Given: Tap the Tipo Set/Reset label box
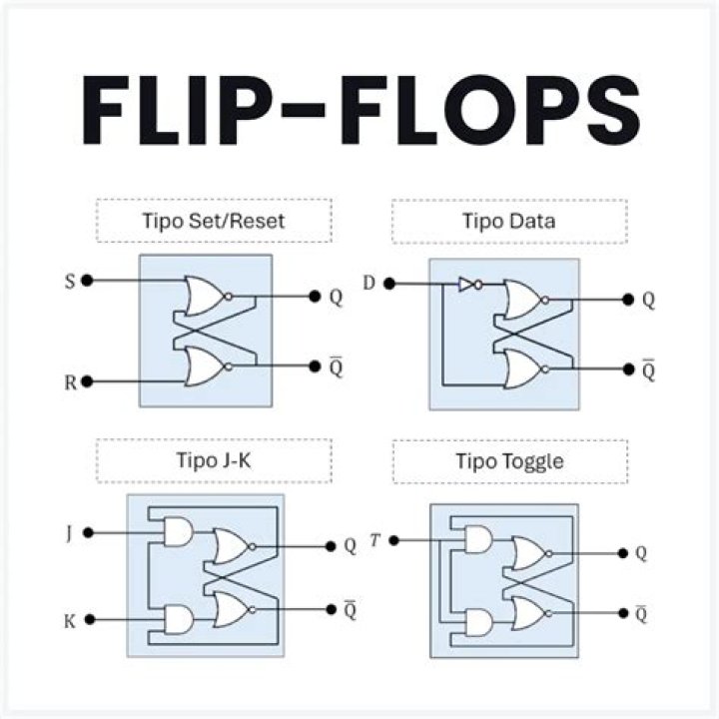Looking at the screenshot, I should click(213, 221).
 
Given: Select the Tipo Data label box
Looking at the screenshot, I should click(509, 221).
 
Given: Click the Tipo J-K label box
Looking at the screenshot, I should click(213, 460).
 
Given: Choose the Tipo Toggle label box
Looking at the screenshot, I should click(509, 460).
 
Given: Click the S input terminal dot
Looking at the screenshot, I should click(88, 281).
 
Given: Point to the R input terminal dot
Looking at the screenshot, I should click(88, 381).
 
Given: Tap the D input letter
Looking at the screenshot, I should click(369, 284).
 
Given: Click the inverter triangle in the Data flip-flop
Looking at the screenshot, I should click(466, 285).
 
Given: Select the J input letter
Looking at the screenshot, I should click(68, 533).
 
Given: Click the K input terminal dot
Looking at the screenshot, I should click(89, 620).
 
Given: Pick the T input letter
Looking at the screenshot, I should click(373, 540).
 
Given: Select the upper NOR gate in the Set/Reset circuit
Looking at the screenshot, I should click(205, 296).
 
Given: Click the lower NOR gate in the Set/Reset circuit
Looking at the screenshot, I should click(205, 366).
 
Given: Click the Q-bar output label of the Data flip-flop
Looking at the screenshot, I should click(649, 369).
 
